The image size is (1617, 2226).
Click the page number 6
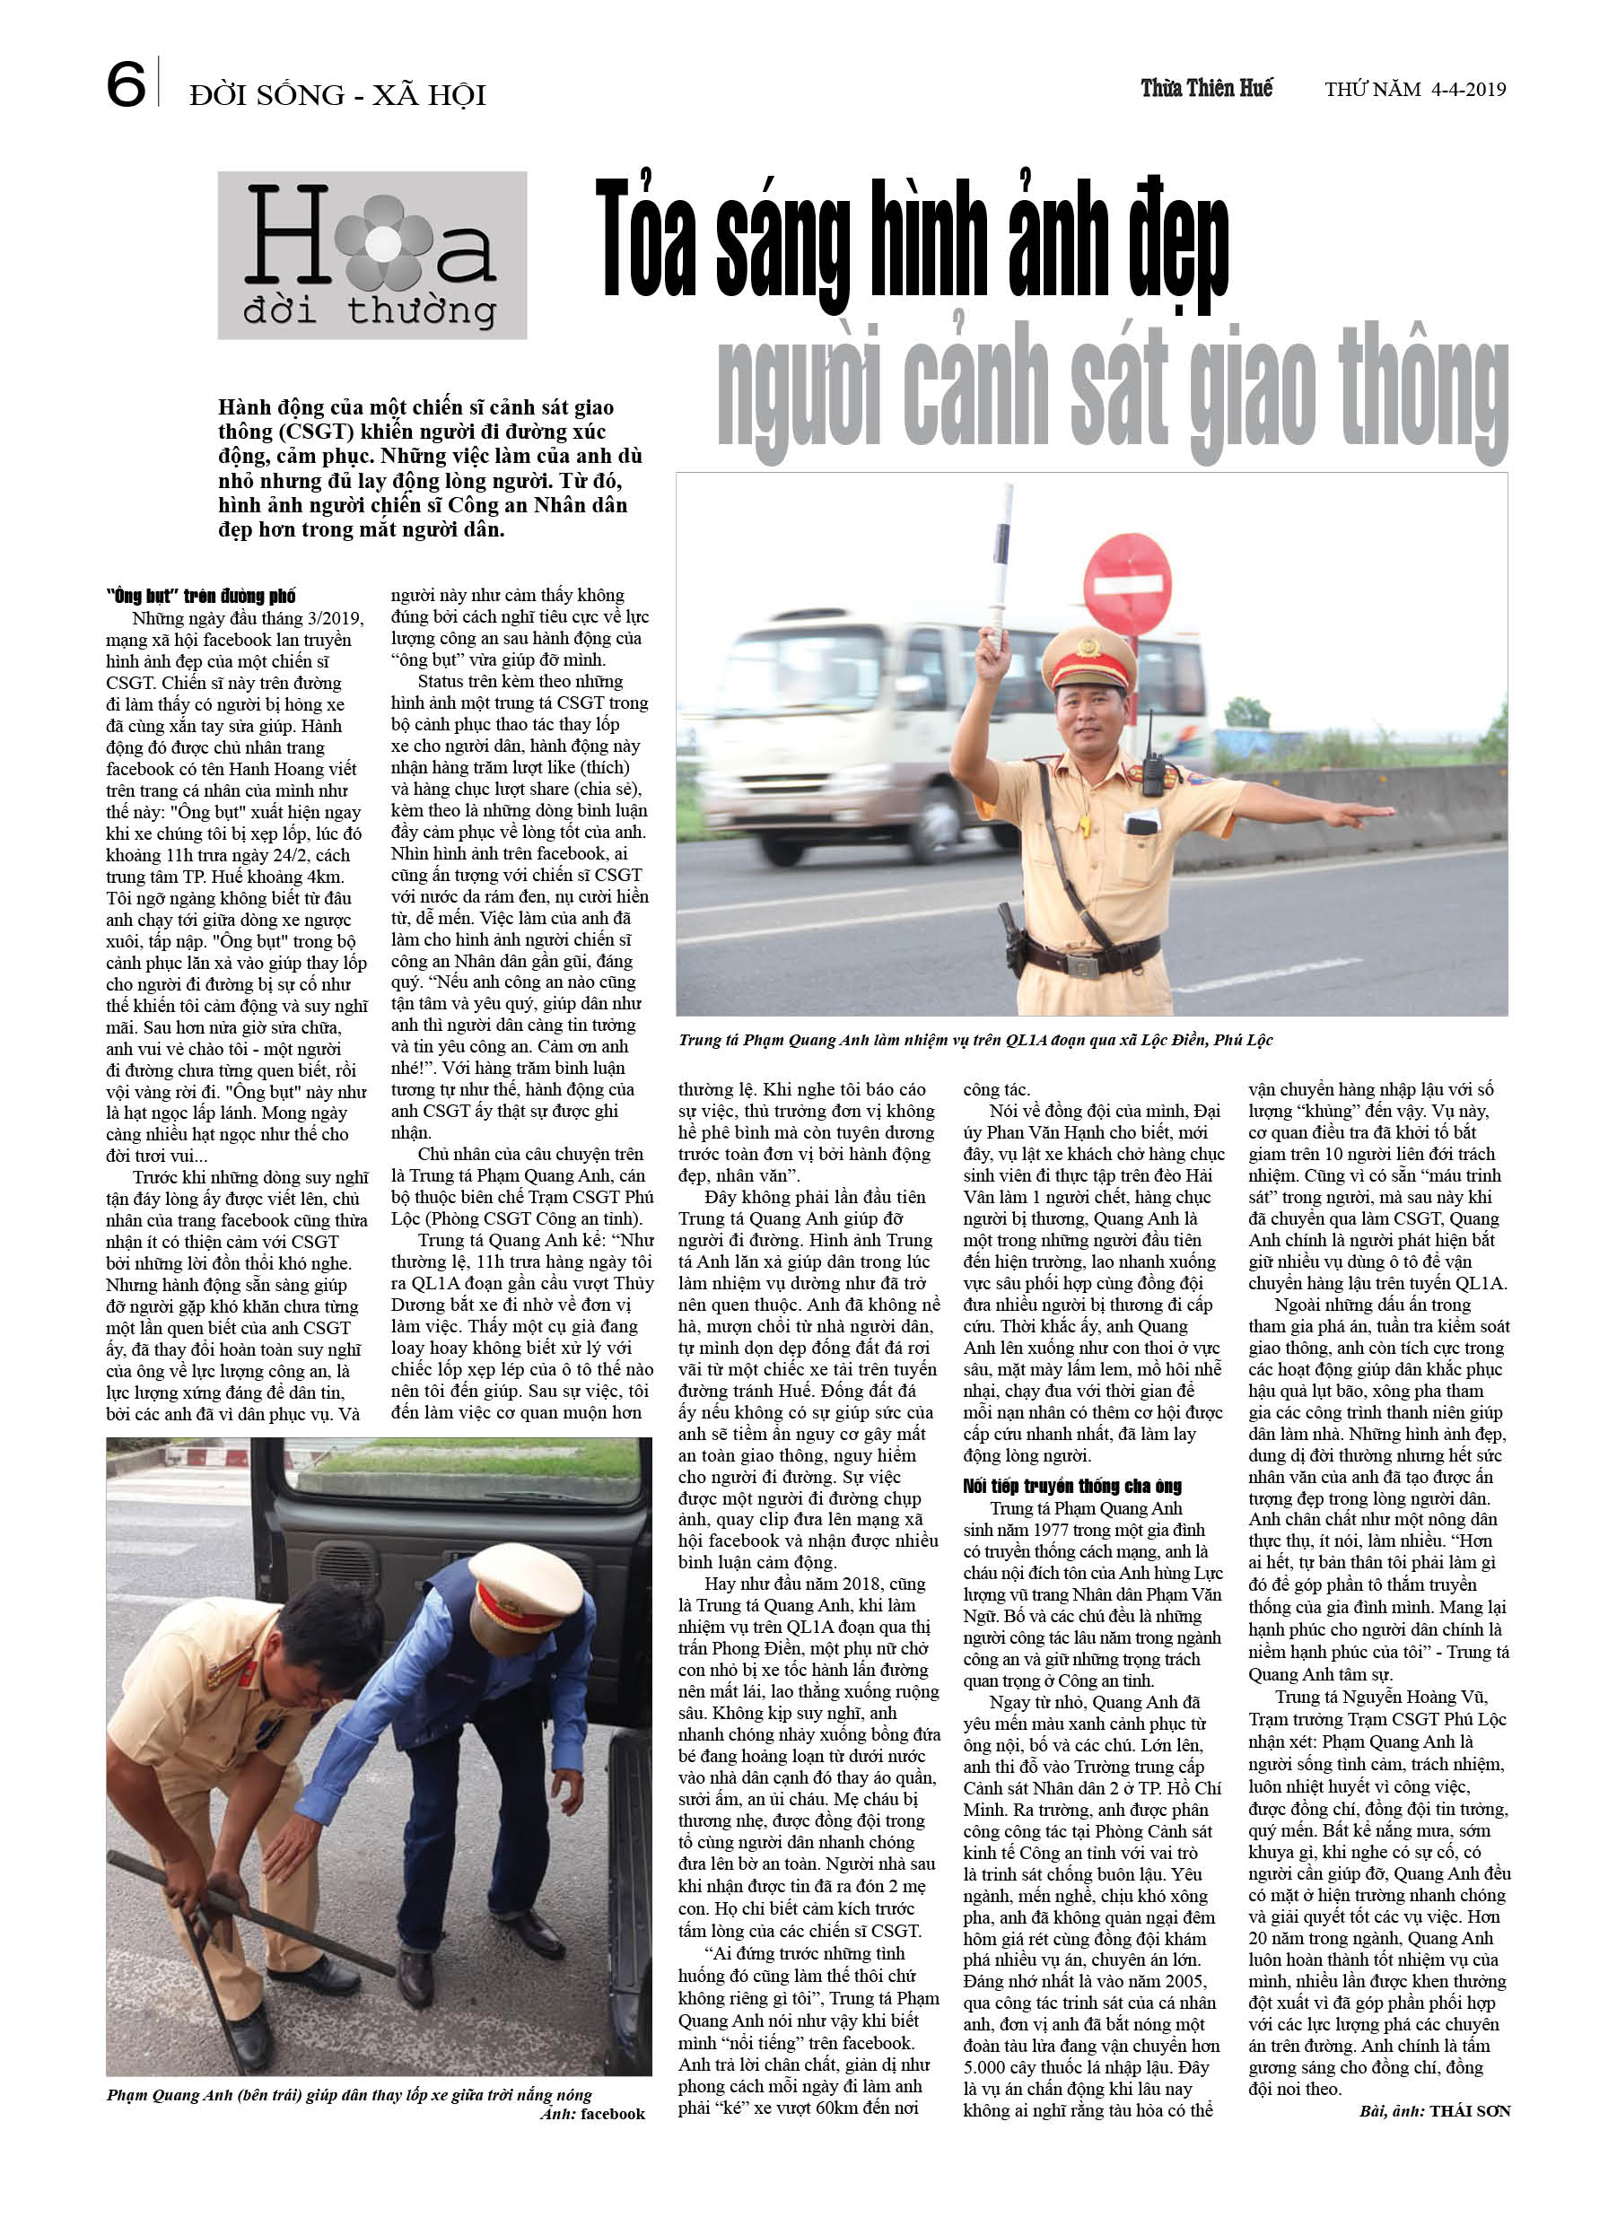(126, 85)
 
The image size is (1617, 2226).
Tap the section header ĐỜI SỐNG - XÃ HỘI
(337, 95)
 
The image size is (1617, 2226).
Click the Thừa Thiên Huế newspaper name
(1206, 88)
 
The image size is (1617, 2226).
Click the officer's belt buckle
(1086, 965)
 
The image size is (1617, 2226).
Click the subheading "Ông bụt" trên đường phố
(200, 596)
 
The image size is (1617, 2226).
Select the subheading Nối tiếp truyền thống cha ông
(1072, 1486)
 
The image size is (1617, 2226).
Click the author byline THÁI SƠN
(1469, 2110)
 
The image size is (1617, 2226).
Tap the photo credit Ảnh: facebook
(593, 2113)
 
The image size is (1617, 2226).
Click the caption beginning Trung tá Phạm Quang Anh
(974, 1041)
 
